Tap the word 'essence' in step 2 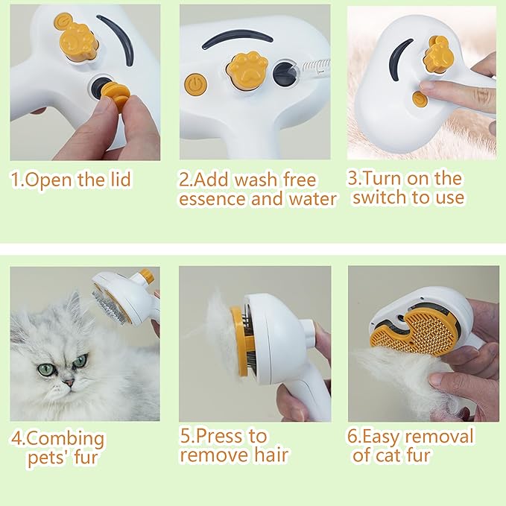pyautogui.click(x=215, y=200)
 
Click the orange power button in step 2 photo pyautogui.click(x=196, y=83)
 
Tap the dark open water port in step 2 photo pyautogui.click(x=284, y=72)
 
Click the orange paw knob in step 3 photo pyautogui.click(x=437, y=53)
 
